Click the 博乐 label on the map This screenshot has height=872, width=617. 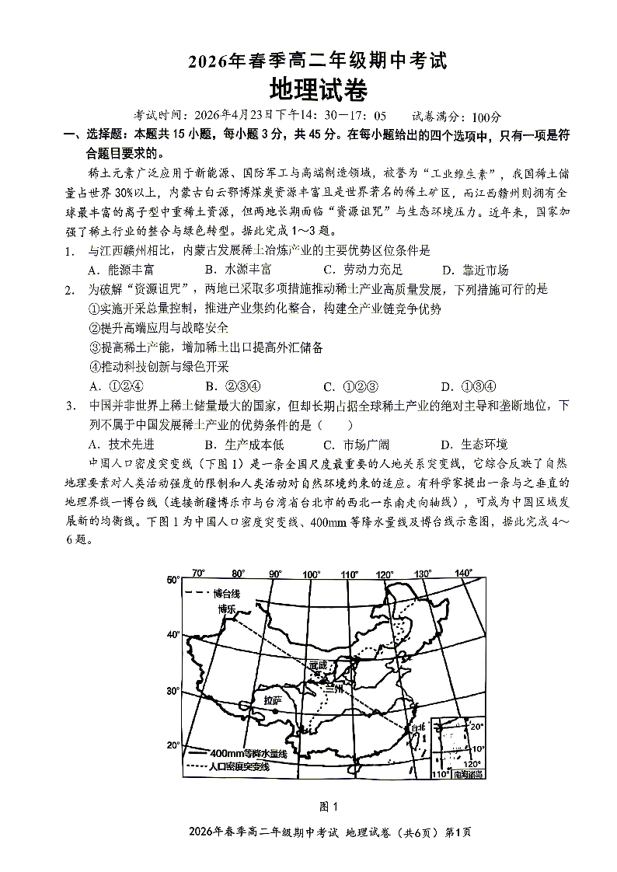point(226,609)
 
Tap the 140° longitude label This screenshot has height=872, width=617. point(463,574)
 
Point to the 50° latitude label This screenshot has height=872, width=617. point(173,580)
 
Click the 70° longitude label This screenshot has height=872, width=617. point(198,574)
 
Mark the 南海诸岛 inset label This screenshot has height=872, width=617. point(467,774)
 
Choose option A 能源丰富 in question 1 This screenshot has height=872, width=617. point(121,270)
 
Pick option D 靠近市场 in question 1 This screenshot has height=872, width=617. point(475,270)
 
